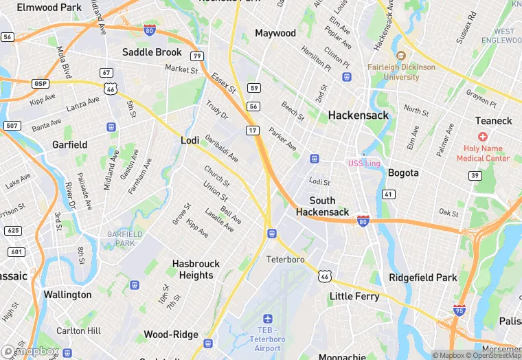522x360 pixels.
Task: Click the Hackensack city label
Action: click(x=358, y=115)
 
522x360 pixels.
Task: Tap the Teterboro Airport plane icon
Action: click(x=268, y=319)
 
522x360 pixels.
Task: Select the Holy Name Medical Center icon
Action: click(x=483, y=137)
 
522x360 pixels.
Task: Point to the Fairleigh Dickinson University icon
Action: click(x=401, y=56)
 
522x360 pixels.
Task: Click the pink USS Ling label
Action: click(x=363, y=163)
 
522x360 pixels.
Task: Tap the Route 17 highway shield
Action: click(x=253, y=130)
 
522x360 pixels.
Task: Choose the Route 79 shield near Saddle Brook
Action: click(x=197, y=56)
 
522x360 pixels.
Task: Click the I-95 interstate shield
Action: click(x=459, y=310)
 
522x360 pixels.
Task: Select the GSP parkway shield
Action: click(x=40, y=83)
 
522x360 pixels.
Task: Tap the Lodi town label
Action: click(x=190, y=140)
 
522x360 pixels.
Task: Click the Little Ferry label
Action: click(x=354, y=296)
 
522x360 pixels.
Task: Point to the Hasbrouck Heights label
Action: click(x=196, y=269)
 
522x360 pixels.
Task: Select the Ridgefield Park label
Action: click(x=422, y=278)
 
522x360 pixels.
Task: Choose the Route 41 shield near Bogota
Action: click(x=389, y=195)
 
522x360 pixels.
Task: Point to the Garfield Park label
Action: click(x=125, y=238)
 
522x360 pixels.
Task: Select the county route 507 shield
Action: click(x=11, y=126)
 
